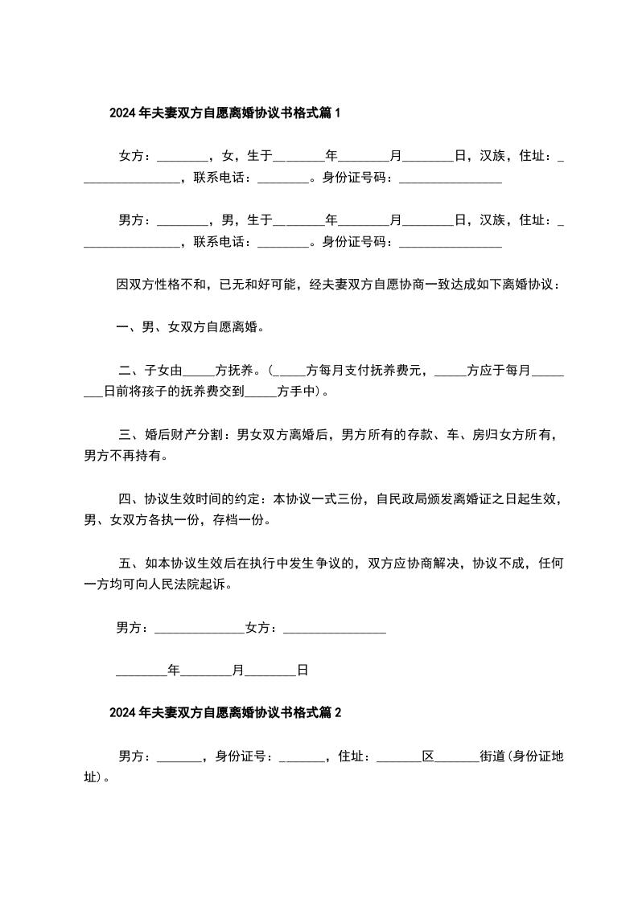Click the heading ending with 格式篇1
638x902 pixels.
[225, 113]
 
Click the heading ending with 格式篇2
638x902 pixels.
[225, 712]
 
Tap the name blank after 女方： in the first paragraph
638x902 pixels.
[182, 155]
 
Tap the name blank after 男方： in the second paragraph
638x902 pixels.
[182, 219]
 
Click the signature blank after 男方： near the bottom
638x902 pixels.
[198, 628]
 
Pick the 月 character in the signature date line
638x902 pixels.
[237, 669]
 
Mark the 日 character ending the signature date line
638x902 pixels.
[303, 669]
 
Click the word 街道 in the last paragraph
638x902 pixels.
[492, 756]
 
